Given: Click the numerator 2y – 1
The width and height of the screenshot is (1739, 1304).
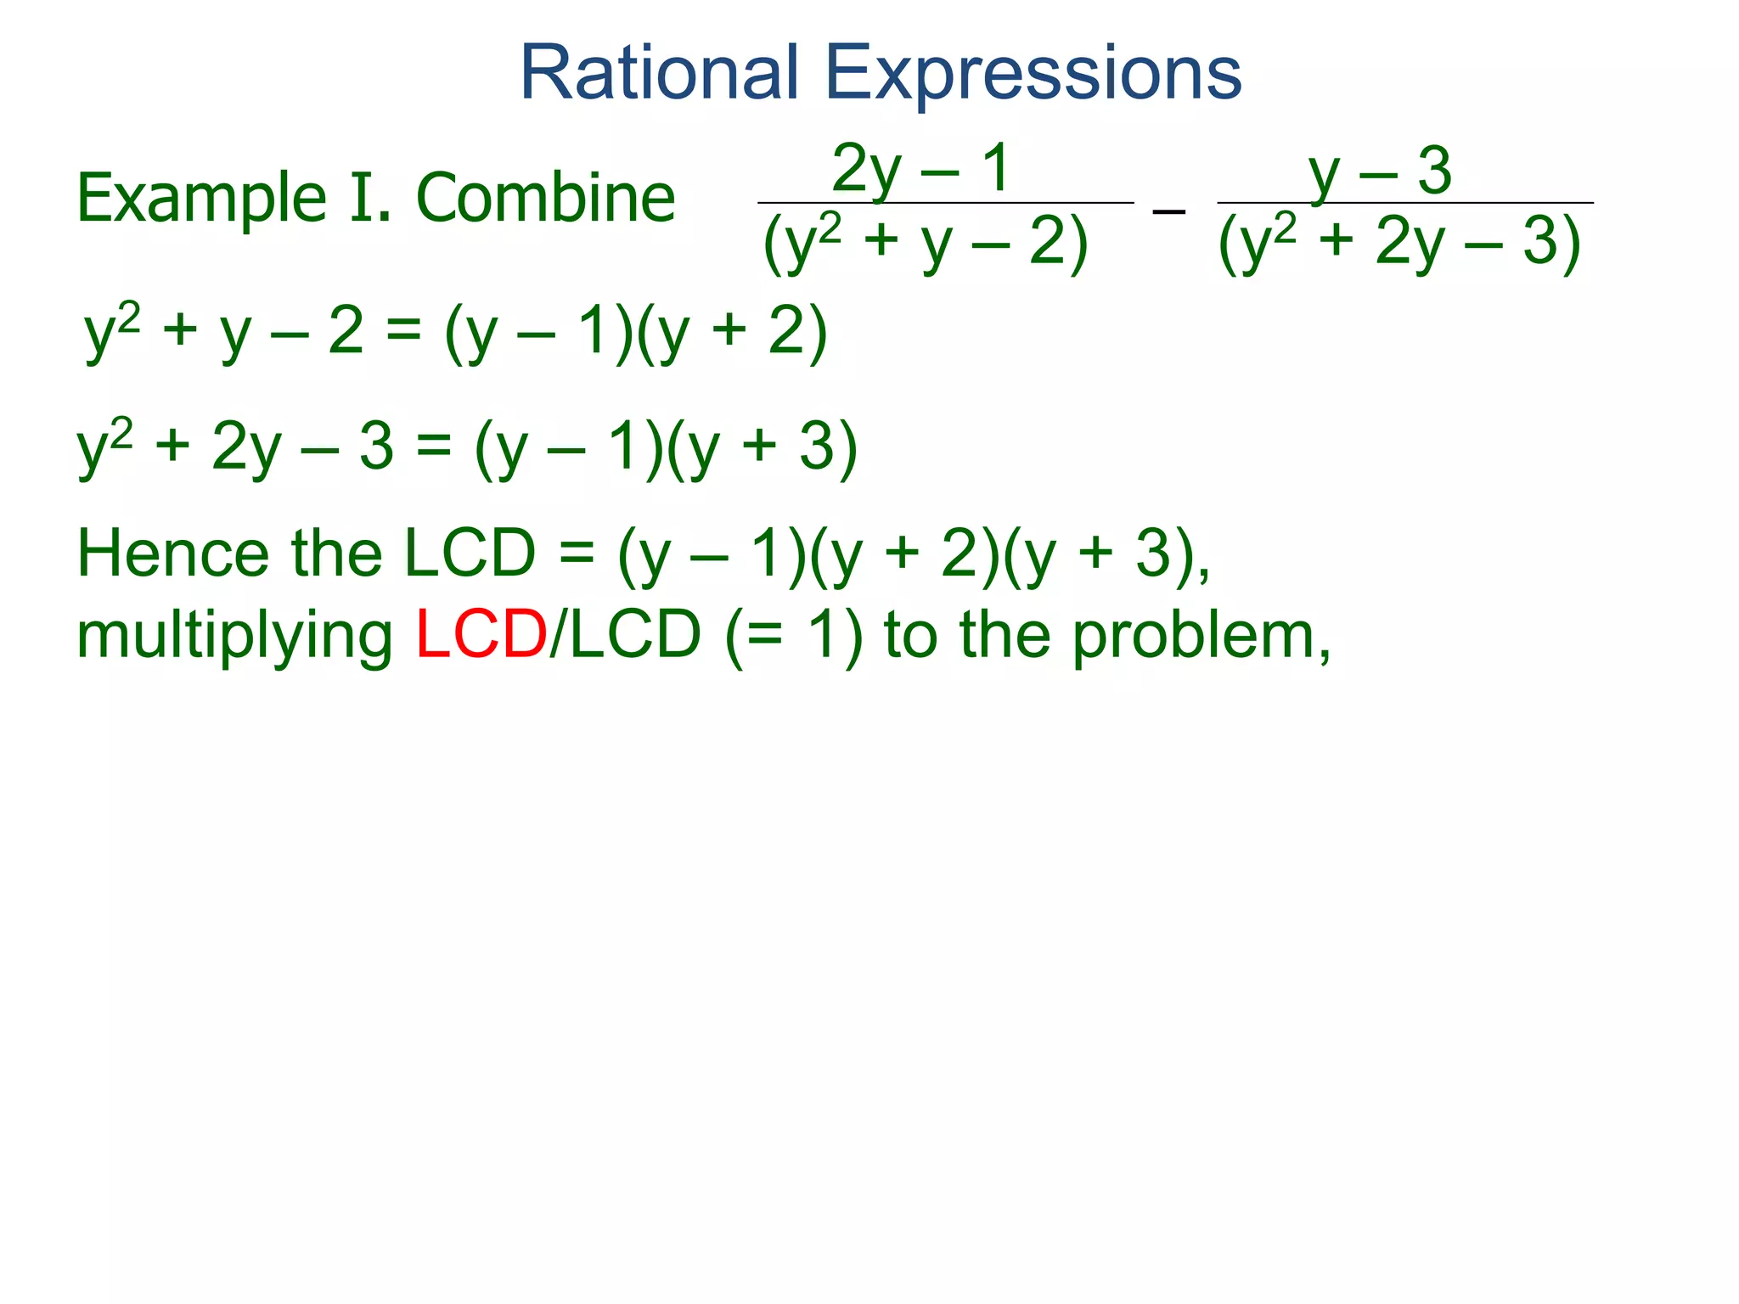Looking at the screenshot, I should [x=920, y=169].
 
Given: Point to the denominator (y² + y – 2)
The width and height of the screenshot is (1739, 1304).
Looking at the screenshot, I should [x=926, y=243].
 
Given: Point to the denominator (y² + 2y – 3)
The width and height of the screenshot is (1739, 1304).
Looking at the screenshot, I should [x=1399, y=243].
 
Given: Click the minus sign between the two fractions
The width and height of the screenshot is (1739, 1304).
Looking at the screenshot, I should [x=1168, y=209].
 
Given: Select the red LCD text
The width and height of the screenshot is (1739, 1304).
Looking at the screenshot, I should [x=481, y=635].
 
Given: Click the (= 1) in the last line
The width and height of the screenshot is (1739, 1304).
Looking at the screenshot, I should [x=794, y=635].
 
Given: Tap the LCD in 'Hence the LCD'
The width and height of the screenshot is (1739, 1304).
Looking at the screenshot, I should [x=470, y=554].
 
